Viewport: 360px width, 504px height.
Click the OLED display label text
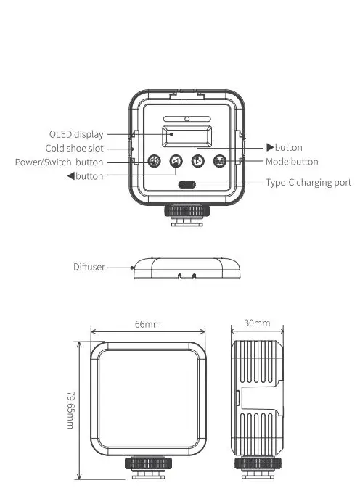(x=75, y=134)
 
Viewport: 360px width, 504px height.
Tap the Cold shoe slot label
(x=75, y=148)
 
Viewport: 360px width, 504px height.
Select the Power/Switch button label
(x=59, y=162)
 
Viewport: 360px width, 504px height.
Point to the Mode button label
(x=291, y=162)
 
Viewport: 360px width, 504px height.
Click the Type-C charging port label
(x=308, y=183)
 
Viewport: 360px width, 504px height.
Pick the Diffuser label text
(x=89, y=267)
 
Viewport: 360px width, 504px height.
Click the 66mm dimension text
(x=147, y=324)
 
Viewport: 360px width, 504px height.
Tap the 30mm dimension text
(x=258, y=323)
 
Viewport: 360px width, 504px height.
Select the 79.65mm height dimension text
(x=70, y=409)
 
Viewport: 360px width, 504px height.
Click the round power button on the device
(x=154, y=162)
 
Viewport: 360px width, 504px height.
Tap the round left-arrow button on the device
(x=176, y=162)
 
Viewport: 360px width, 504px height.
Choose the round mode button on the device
(x=219, y=162)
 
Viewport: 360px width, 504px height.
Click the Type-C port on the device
(x=187, y=184)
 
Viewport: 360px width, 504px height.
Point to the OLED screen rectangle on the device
(x=187, y=137)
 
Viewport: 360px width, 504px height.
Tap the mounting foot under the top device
(x=187, y=215)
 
